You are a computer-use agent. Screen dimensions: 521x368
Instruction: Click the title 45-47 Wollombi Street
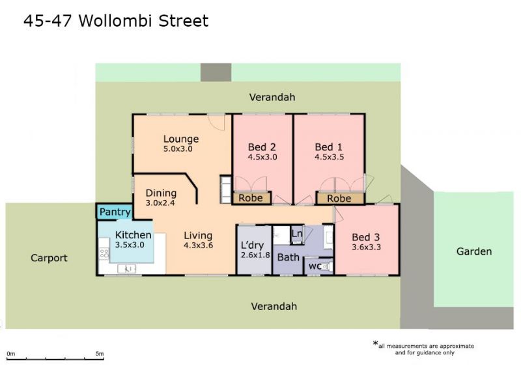pyautogui.click(x=116, y=21)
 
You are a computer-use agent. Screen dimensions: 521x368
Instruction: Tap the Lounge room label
pyautogui.click(x=181, y=139)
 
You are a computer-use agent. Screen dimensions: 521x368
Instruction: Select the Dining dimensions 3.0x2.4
pyautogui.click(x=160, y=203)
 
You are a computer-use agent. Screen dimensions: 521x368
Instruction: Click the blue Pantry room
pyautogui.click(x=115, y=212)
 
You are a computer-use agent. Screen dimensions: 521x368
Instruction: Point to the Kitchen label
pyautogui.click(x=134, y=235)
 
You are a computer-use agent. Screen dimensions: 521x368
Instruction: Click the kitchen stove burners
pyautogui.click(x=104, y=253)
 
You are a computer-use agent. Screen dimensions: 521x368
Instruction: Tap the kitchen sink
pyautogui.click(x=126, y=268)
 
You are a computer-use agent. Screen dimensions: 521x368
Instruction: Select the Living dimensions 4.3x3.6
pyautogui.click(x=199, y=246)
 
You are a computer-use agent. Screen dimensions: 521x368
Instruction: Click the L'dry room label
pyautogui.click(x=252, y=246)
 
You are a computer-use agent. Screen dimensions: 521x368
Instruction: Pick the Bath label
pyautogui.click(x=288, y=257)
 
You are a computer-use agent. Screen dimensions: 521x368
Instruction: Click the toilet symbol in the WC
pyautogui.click(x=327, y=266)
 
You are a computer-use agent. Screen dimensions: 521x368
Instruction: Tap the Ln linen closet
pyautogui.click(x=297, y=234)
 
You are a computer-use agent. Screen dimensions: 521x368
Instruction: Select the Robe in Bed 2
pyautogui.click(x=251, y=198)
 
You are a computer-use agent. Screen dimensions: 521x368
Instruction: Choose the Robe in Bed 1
pyautogui.click(x=339, y=199)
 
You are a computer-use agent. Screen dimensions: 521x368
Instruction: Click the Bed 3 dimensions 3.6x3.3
pyautogui.click(x=366, y=247)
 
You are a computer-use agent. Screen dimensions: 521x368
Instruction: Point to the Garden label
pyautogui.click(x=474, y=251)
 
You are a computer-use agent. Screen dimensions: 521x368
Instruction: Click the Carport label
pyautogui.click(x=49, y=258)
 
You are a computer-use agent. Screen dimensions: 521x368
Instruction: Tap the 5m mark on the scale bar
pyautogui.click(x=100, y=354)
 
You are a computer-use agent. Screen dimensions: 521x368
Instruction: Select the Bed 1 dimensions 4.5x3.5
pyautogui.click(x=330, y=157)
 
